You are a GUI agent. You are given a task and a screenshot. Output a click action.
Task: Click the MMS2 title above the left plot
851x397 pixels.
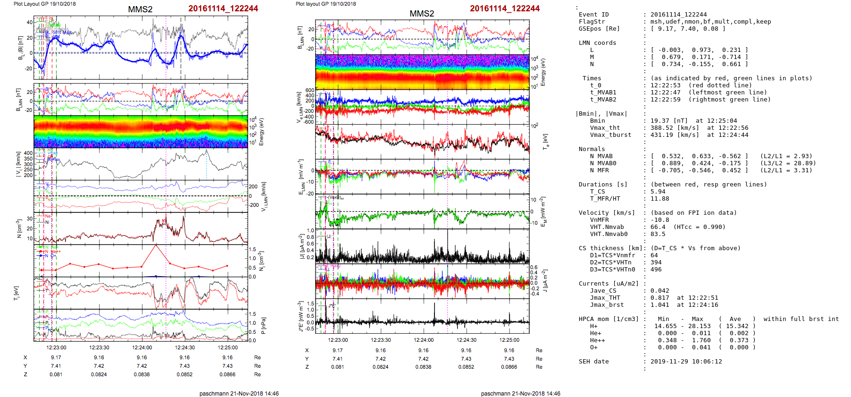point(140,9)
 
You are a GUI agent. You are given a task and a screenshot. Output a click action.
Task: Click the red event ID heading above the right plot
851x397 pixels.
point(504,8)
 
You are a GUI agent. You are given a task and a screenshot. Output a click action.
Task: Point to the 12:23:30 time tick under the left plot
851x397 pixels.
point(99,347)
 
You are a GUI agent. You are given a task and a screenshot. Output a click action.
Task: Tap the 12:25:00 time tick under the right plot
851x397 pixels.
point(509,340)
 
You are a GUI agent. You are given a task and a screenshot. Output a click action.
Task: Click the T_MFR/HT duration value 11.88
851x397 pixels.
point(659,199)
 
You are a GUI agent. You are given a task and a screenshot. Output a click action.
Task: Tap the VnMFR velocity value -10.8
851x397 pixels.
point(659,220)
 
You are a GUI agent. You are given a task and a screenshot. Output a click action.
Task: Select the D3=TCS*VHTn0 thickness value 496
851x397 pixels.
point(656,270)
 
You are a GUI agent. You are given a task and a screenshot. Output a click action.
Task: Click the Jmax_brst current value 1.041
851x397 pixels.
point(659,305)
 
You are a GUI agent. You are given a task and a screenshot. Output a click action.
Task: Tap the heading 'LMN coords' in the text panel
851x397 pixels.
point(597,43)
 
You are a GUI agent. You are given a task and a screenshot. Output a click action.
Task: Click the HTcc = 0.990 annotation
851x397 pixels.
point(700,227)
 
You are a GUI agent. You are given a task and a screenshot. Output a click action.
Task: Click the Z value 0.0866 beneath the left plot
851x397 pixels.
point(227,374)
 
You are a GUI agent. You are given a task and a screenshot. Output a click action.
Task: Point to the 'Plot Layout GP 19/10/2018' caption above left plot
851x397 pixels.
point(44,4)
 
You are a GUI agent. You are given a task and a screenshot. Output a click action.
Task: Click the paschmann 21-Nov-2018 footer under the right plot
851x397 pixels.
point(520,393)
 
